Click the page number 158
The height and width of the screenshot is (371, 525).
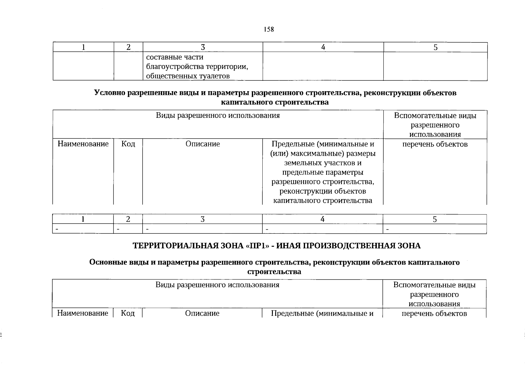pyautogui.click(x=269, y=29)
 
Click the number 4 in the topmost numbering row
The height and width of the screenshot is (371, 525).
pyautogui.click(x=323, y=47)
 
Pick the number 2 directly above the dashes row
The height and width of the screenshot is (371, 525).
pyautogui.click(x=128, y=219)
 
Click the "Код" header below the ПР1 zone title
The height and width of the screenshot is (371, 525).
pyautogui.click(x=127, y=313)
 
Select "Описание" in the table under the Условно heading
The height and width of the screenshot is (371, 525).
pyautogui.click(x=203, y=144)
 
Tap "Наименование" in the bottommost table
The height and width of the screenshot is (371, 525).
pyautogui.click(x=83, y=313)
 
